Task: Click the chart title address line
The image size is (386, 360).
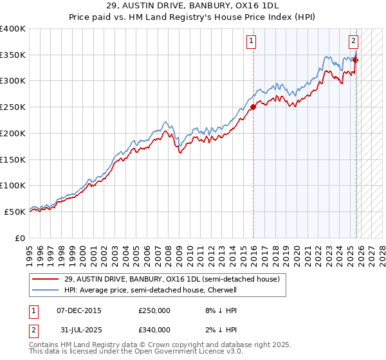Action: coord(193,6)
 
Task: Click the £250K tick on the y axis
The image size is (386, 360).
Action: coord(13,107)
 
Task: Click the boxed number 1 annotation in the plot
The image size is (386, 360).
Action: coord(250,42)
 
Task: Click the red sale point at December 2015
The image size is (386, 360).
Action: coord(253,107)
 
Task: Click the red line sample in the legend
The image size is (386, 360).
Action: coord(46,280)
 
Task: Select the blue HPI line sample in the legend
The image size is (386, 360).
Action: coord(46,290)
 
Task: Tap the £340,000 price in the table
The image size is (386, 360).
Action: coord(154,330)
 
